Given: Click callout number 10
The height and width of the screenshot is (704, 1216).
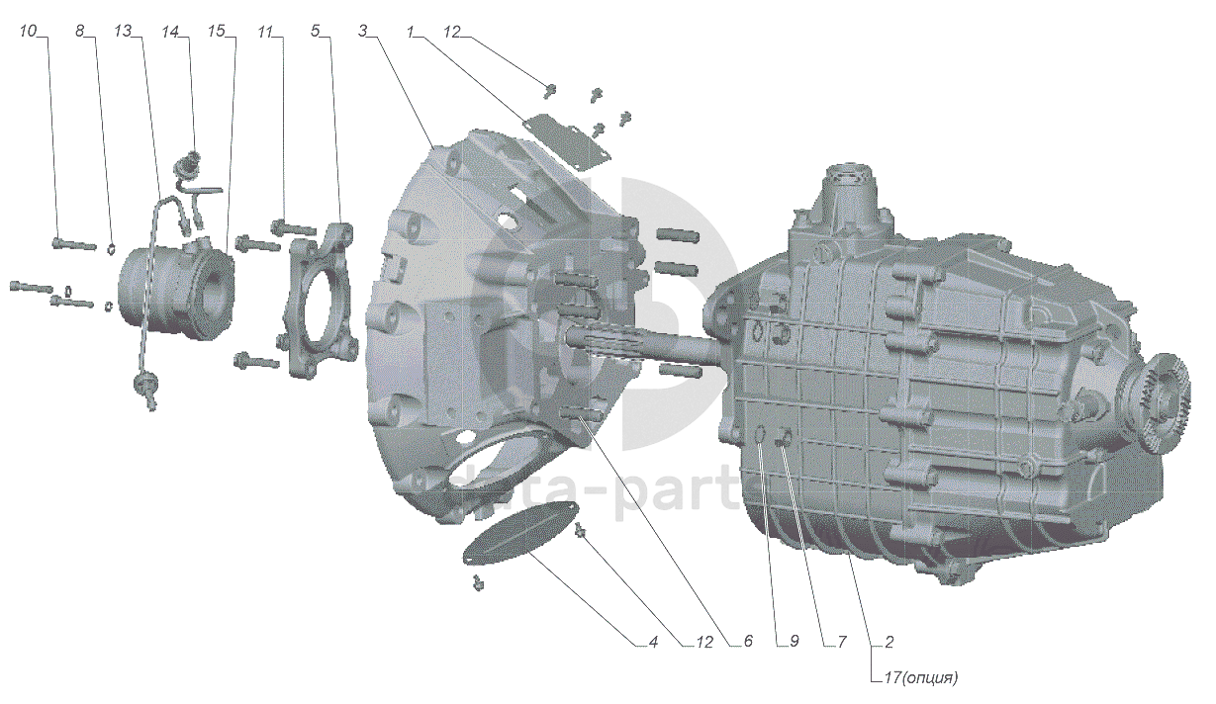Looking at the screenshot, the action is pyautogui.click(x=28, y=32).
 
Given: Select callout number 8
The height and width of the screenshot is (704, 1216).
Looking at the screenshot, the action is pyautogui.click(x=80, y=32).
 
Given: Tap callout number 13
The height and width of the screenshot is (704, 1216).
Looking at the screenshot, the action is pyautogui.click(x=123, y=32).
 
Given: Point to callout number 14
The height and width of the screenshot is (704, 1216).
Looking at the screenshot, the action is pyautogui.click(x=170, y=32).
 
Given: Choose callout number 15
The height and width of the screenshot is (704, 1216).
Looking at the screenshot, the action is pyautogui.click(x=217, y=32).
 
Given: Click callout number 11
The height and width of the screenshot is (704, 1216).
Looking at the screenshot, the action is pyautogui.click(x=264, y=32).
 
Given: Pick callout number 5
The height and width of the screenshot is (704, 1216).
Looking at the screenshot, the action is pyautogui.click(x=315, y=32).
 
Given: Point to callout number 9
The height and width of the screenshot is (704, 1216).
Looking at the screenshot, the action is pyautogui.click(x=793, y=642).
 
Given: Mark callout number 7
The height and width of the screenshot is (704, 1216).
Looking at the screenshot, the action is pyautogui.click(x=842, y=642).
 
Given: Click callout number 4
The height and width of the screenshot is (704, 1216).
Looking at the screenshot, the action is pyautogui.click(x=653, y=642).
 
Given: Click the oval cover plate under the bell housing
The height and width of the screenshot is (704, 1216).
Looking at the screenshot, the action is pyautogui.click(x=520, y=534).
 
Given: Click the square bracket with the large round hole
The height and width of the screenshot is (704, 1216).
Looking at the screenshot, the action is pyautogui.click(x=322, y=302).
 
